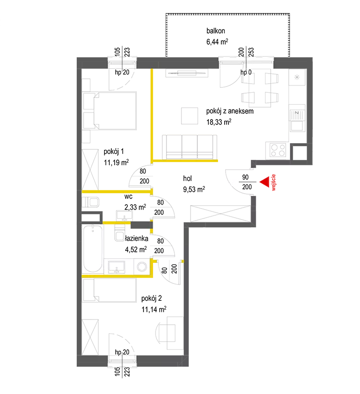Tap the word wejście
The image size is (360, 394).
[274, 183]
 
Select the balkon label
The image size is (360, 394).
[216, 31]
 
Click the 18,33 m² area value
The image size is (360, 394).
[219, 122]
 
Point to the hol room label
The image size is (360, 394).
[188, 178]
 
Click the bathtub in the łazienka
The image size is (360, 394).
[93, 248]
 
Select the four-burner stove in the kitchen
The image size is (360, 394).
[278, 150]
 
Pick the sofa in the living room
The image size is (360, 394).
[190, 147]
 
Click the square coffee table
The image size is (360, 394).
[190, 116]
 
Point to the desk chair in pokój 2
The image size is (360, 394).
[166, 333]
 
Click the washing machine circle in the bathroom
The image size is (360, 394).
[142, 267]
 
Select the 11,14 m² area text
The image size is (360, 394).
[154, 309]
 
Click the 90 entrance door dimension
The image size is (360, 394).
[245, 177]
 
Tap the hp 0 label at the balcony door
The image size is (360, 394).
[246, 73]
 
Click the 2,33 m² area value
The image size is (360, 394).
[135, 207]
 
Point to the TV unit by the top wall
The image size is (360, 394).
[187, 73]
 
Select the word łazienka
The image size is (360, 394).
[137, 238]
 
